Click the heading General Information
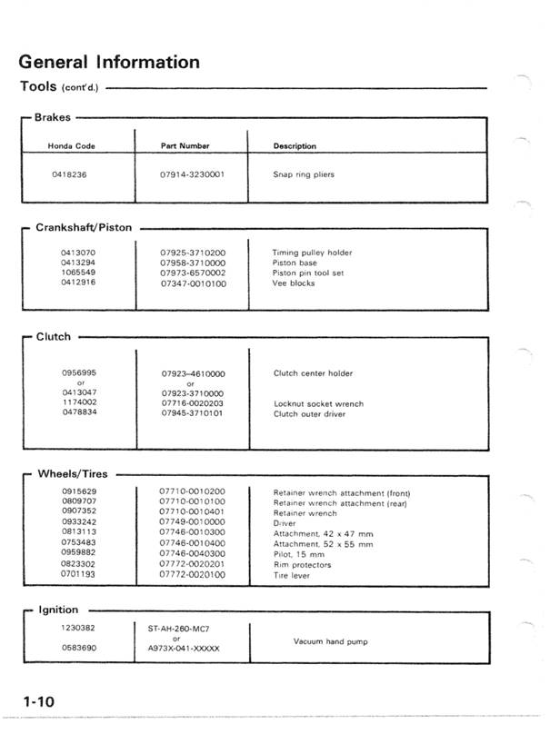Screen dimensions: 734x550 click(x=109, y=62)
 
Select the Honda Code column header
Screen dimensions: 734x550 click(x=72, y=145)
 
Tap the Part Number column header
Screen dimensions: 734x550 click(x=185, y=145)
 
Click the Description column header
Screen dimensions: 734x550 click(x=295, y=145)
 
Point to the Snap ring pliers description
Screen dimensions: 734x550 click(x=304, y=174)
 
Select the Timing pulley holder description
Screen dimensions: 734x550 click(x=312, y=253)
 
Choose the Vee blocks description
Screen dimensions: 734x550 click(x=293, y=283)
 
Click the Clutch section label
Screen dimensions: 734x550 click(x=53, y=336)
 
